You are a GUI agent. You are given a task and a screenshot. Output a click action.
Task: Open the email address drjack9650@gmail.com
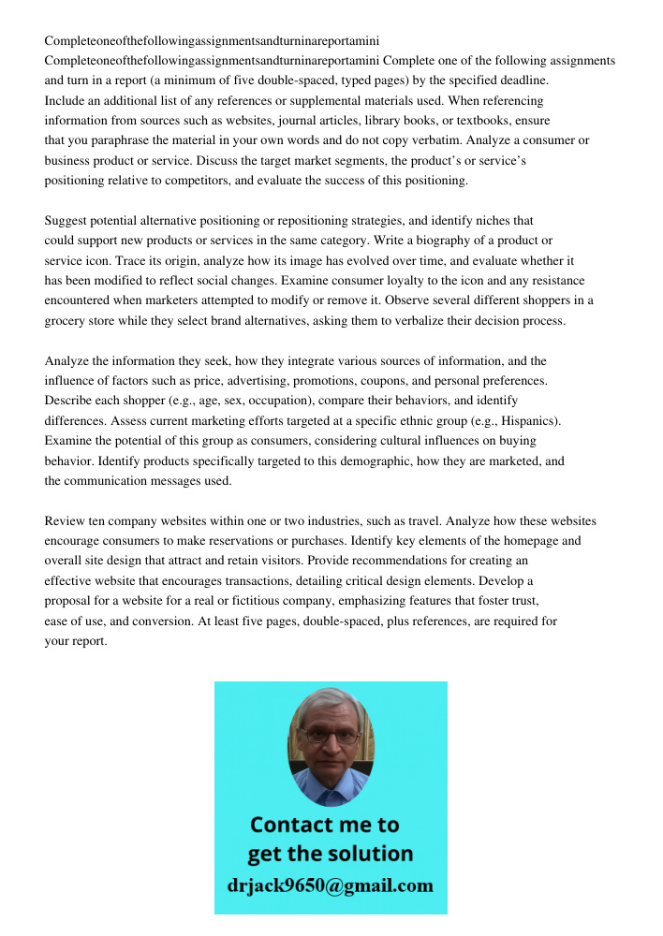pos(331,885)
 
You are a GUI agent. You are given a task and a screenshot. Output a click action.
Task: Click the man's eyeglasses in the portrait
pos(331,737)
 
